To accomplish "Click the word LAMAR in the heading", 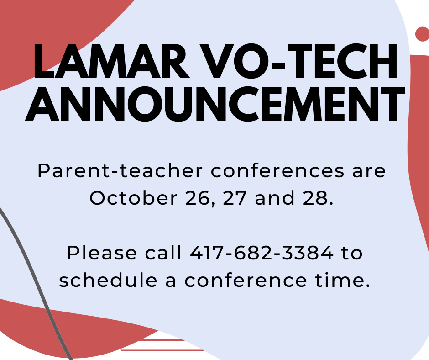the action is [x=111, y=61].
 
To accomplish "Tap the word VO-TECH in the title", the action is [x=298, y=61].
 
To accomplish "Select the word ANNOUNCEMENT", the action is [x=215, y=104].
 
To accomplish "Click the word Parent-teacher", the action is [x=120, y=171].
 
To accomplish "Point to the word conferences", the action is [x=277, y=170].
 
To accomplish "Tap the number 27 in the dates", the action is [x=235, y=198].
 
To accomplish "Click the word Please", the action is [x=102, y=253].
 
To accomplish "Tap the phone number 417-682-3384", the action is [x=262, y=253].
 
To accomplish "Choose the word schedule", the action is [x=108, y=280].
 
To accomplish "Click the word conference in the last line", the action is [x=246, y=280].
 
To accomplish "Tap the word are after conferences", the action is [x=369, y=171].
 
